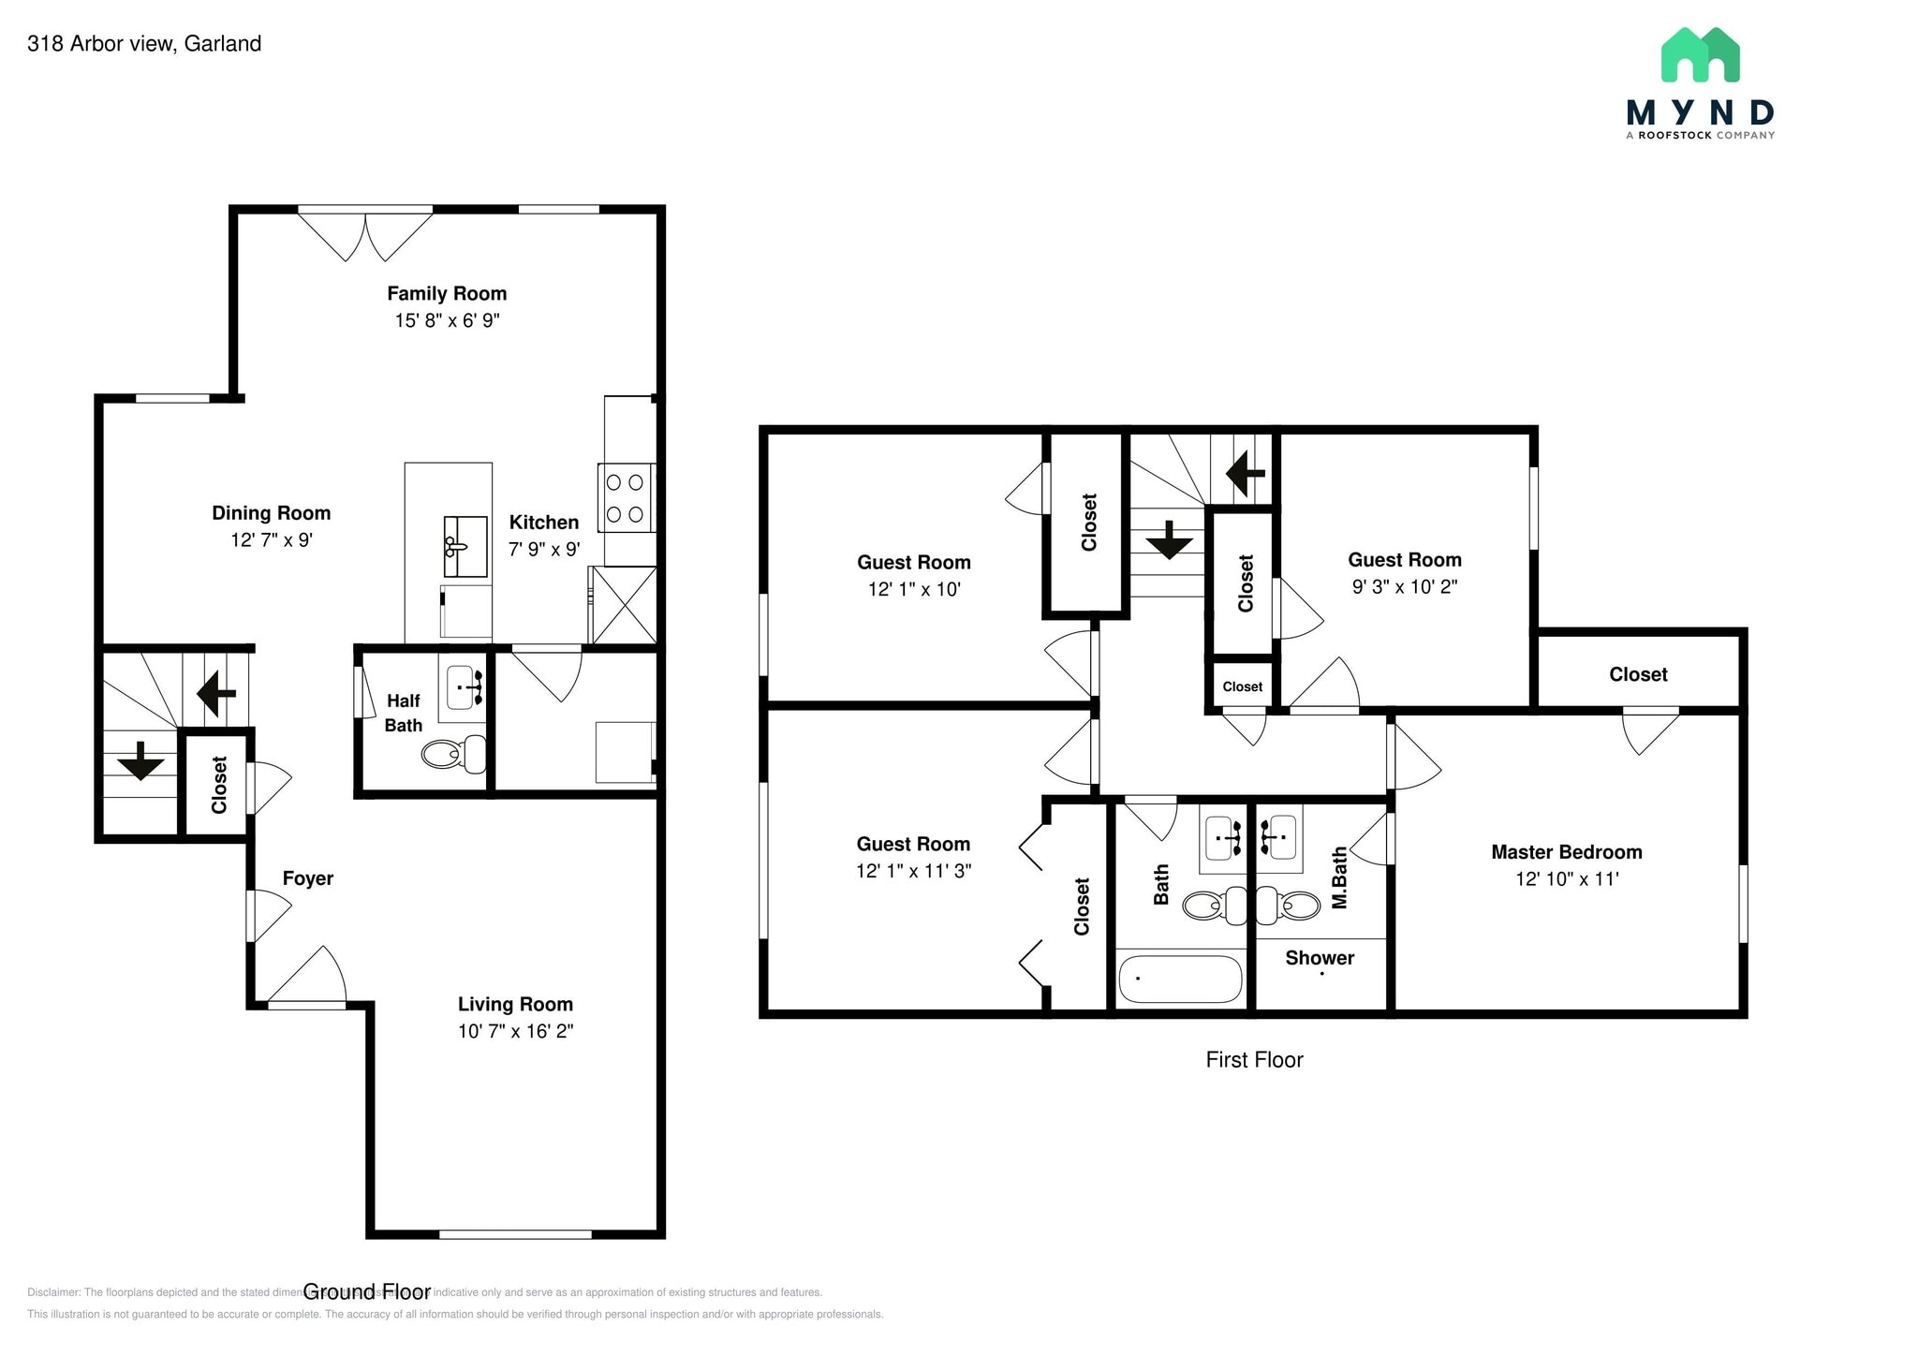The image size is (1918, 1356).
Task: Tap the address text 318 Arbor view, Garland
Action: tap(144, 44)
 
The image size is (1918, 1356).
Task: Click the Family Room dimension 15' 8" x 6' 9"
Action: tap(447, 320)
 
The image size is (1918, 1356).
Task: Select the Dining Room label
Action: tap(271, 513)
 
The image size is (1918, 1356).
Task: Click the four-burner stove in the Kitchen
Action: tap(625, 498)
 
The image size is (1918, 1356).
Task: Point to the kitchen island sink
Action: tap(465, 546)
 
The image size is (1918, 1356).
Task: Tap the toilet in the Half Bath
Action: tap(453, 754)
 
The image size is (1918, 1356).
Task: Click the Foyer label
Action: tap(308, 878)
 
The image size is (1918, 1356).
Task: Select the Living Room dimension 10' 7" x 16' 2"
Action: tap(515, 1031)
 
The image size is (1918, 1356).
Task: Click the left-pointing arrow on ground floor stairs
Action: tap(215, 693)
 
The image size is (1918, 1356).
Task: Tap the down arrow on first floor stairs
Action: tap(1168, 540)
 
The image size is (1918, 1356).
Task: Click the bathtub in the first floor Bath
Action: tap(1180, 980)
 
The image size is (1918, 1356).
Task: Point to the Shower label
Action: tap(1319, 958)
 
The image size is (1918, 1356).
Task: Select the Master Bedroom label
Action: tap(1566, 852)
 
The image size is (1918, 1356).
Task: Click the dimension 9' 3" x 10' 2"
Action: tap(1404, 587)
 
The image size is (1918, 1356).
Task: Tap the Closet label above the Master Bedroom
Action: tap(1638, 674)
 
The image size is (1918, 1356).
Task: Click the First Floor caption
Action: tap(1254, 1060)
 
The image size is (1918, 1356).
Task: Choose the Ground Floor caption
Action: tap(366, 1292)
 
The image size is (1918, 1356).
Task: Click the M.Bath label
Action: tap(1339, 877)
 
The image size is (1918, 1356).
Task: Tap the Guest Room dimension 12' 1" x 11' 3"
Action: tap(913, 871)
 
